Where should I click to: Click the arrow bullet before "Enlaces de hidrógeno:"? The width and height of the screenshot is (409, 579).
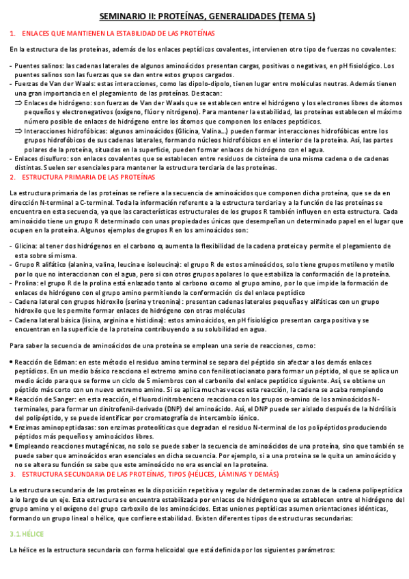point(18,100)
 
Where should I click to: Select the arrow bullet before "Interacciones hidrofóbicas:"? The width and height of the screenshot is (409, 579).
point(18,130)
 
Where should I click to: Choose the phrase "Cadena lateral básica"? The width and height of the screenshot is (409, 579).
point(50,319)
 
